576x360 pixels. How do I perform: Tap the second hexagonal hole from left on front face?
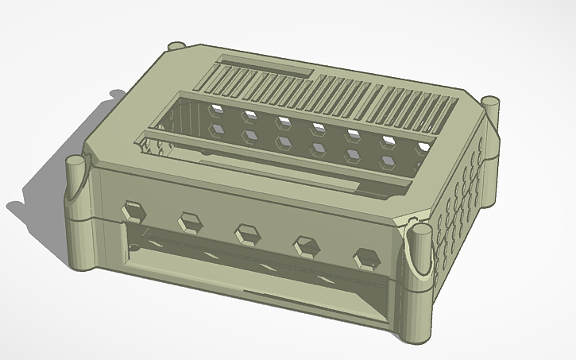click(190, 222)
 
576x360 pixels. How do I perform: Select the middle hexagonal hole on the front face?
click(248, 234)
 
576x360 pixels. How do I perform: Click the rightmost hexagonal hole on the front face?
click(366, 257)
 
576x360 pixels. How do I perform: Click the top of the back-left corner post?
click(176, 45)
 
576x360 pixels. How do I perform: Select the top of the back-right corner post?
click(492, 101)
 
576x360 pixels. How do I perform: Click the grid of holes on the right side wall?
click(461, 191)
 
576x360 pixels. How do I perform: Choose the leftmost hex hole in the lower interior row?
click(215, 127)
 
